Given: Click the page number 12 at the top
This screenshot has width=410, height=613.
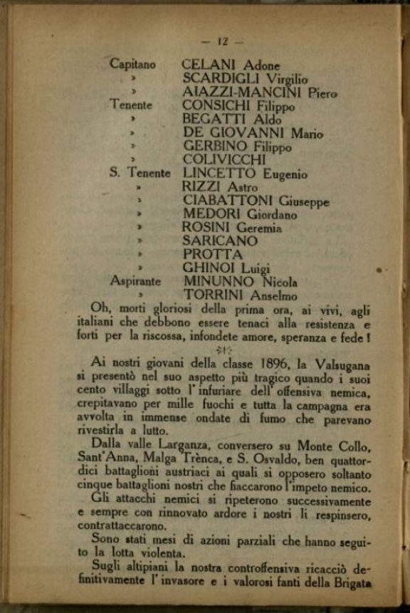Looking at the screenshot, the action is [211, 41].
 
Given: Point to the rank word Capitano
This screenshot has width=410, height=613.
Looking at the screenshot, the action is [132, 64].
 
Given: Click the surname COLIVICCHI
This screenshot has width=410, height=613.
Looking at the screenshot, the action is [224, 159].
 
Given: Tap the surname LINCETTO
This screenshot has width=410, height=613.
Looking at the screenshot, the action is [219, 173].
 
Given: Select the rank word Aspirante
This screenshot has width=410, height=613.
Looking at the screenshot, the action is [135, 281].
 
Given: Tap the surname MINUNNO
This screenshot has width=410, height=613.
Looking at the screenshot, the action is [214, 281].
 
